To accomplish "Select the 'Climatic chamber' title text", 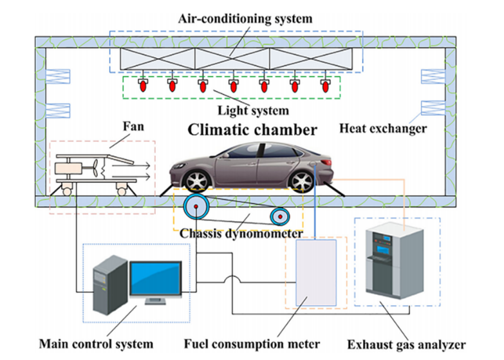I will tap(252, 130).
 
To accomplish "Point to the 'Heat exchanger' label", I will tap(383, 129).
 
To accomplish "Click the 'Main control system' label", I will tap(96, 344).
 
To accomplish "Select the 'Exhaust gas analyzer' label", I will tap(409, 344).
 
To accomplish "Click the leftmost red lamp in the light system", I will tap(141, 84).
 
